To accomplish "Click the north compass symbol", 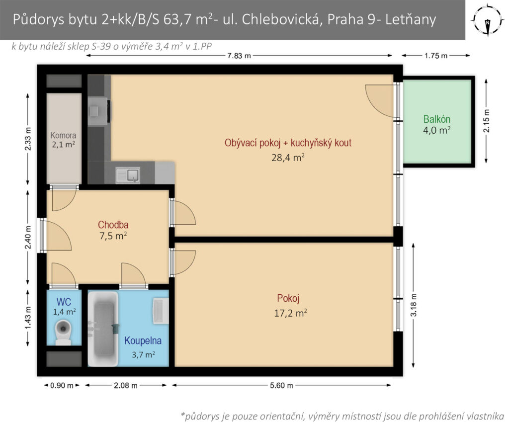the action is pyautogui.click(x=488, y=19).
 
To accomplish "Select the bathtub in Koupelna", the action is pyautogui.click(x=103, y=328).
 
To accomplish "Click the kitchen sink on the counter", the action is pyautogui.click(x=128, y=175).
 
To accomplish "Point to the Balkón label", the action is pyautogui.click(x=436, y=119).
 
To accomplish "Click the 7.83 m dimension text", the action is pyautogui.click(x=239, y=56).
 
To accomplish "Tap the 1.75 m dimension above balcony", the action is pyautogui.click(x=436, y=56).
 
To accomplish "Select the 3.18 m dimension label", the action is pyautogui.click(x=414, y=305).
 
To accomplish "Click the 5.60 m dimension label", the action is pyautogui.click(x=281, y=385).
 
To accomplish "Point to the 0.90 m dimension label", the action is pyautogui.click(x=62, y=385).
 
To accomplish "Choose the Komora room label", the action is pyautogui.click(x=63, y=135).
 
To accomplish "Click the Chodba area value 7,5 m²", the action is pyautogui.click(x=113, y=236).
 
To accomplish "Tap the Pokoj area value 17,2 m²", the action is pyautogui.click(x=290, y=313).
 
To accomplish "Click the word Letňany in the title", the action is pyautogui.click(x=410, y=19).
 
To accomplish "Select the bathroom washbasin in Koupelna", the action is pyautogui.click(x=161, y=311).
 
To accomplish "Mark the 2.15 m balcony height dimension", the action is pyautogui.click(x=486, y=121).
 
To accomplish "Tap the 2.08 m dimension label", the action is pyautogui.click(x=125, y=385).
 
